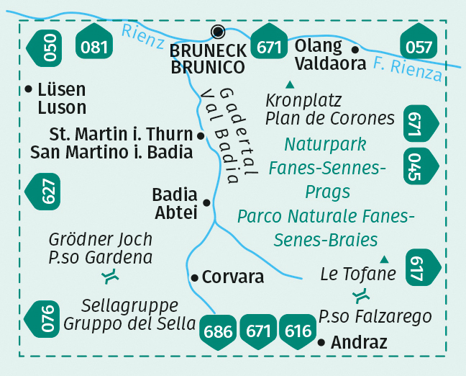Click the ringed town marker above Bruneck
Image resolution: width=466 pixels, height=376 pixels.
pos(219,31)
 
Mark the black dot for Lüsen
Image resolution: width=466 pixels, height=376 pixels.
pos(28,90)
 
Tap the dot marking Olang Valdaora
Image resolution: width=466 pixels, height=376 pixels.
pos(355,50)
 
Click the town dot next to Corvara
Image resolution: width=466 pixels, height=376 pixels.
pos(194,277)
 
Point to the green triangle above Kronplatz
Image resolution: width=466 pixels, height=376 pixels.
pos(290,84)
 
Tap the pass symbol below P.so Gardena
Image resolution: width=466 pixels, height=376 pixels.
pos(110,276)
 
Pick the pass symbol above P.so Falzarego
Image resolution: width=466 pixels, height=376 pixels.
pos(362,295)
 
